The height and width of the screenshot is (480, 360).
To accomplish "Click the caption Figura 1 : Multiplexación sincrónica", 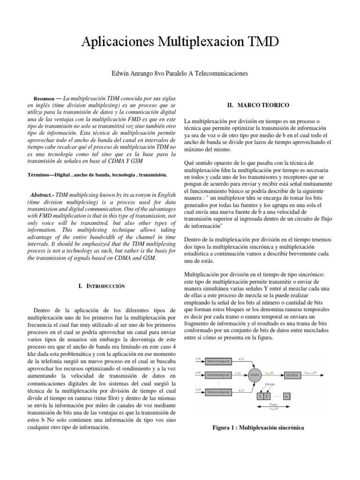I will pyautogui.click(x=258, y=427).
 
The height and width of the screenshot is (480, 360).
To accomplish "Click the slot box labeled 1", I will pyautogui.click(x=260, y=396).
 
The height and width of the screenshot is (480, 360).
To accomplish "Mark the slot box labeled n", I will pyautogui.click(x=287, y=396).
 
